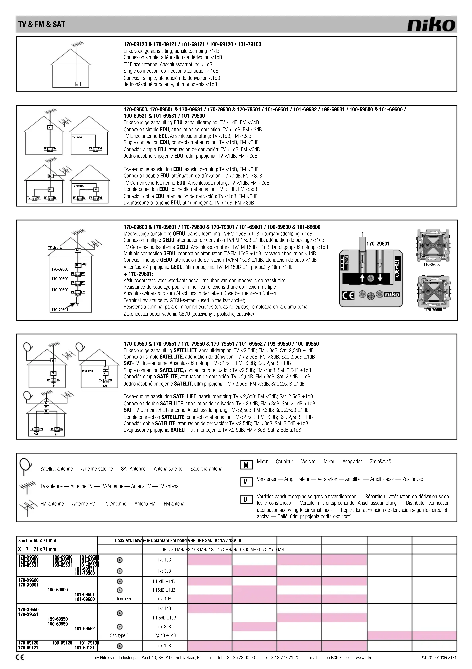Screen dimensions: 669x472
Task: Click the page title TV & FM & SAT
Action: pyautogui.click(x=42, y=25)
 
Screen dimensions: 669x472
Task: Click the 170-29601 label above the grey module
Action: pyautogui.click(x=378, y=244)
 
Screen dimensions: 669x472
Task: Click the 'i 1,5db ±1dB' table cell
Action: pyautogui.click(x=164, y=618)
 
